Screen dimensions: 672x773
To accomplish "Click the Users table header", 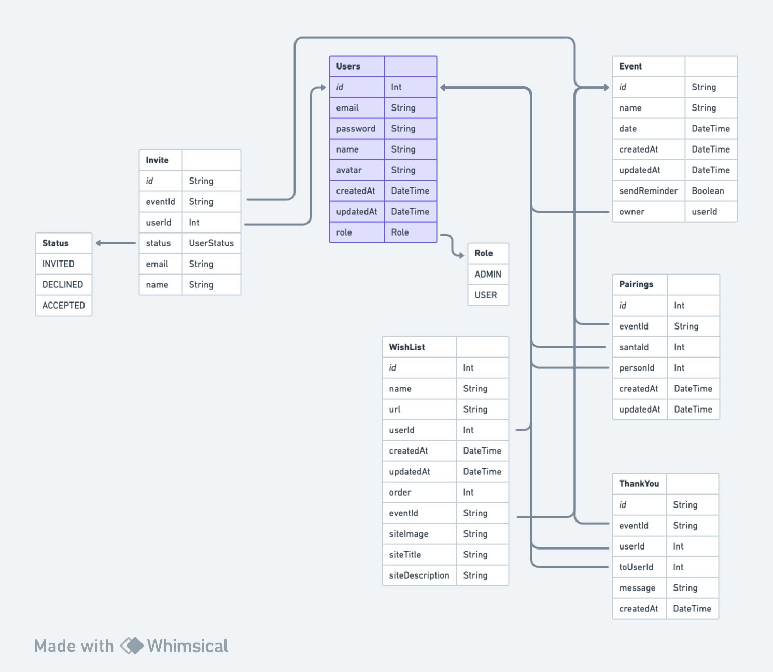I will pos(348,66).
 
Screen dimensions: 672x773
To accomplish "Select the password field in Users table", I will pos(356,129).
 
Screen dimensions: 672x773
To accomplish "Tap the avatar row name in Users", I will pos(349,170).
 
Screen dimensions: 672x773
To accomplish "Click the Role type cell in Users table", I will pos(400,232).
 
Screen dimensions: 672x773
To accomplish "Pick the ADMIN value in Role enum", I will pos(488,274).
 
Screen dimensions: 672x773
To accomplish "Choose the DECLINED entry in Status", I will pos(63,284).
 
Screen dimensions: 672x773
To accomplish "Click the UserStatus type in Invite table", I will pos(211,243).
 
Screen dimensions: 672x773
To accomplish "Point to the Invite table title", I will pos(157,160).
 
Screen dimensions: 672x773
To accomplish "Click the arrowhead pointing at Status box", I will pos(99,243).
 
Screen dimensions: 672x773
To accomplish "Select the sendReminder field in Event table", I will pos(648,191).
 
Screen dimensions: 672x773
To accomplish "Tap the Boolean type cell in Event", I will pos(708,191).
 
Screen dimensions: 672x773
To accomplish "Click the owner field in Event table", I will pos(631,212).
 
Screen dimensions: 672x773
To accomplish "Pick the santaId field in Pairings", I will pos(634,347).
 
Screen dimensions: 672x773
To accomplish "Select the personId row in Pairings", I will pos(637,368).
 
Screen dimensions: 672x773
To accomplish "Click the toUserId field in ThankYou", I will pos(636,567).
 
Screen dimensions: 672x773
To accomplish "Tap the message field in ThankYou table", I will pos(637,588).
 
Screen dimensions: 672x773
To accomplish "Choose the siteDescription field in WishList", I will pos(419,575).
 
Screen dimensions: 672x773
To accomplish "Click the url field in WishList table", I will pos(395,409).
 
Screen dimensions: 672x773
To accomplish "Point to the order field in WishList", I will pos(400,492).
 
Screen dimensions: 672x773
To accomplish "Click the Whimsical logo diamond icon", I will pos(132,646).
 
